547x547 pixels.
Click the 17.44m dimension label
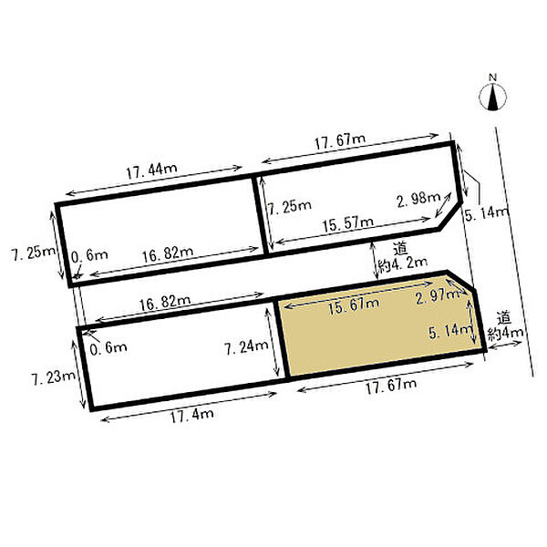[x=151, y=170]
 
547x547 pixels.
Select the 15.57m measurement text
[x=348, y=224]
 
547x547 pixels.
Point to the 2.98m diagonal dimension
[x=418, y=199]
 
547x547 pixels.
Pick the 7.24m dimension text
[x=246, y=347]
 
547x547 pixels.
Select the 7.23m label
[x=54, y=377]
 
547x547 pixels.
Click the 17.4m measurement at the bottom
[x=191, y=415]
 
